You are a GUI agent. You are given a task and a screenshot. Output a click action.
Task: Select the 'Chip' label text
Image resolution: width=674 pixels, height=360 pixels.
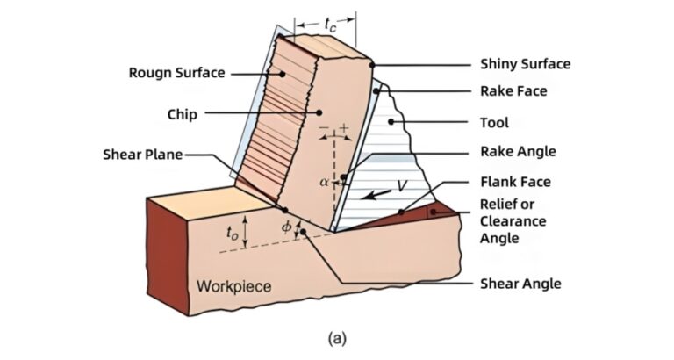pyautogui.click(x=182, y=114)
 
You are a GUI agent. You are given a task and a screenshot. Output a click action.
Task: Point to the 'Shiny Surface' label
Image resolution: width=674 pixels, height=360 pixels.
pyautogui.click(x=525, y=64)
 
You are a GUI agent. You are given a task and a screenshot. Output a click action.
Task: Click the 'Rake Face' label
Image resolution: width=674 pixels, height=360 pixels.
pyautogui.click(x=513, y=90)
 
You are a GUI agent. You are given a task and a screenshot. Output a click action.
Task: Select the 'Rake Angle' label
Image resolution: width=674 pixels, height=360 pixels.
pyautogui.click(x=518, y=152)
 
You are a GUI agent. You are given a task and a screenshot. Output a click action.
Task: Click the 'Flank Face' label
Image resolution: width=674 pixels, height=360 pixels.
pyautogui.click(x=515, y=183)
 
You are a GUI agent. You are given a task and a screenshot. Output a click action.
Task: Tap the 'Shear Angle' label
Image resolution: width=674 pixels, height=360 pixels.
pyautogui.click(x=520, y=284)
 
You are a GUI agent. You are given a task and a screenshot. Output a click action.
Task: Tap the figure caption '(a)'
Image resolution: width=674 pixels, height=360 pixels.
pyautogui.click(x=337, y=336)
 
